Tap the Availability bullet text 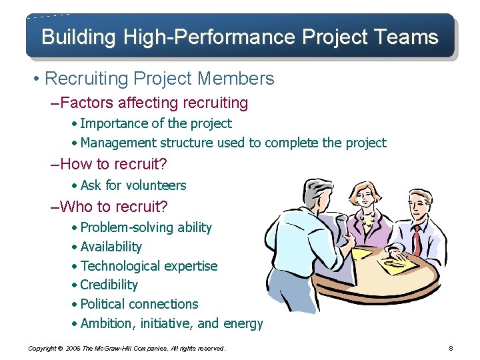tap(111, 247)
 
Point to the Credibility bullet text tap(109, 285)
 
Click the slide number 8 tap(451, 348)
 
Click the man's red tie tap(417, 237)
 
